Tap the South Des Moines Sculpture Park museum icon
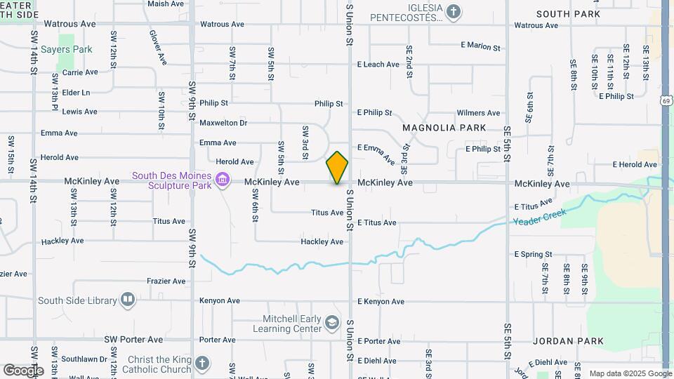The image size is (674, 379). (x=223, y=181)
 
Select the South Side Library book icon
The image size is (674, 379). (x=127, y=300)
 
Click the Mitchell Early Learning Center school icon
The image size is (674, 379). (x=331, y=323)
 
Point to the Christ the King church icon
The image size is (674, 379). (x=202, y=364)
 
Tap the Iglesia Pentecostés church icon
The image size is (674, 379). (x=454, y=11)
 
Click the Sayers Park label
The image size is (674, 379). (x=66, y=50)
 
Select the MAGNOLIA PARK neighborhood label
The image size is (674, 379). (x=444, y=128)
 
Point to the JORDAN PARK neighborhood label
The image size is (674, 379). (x=568, y=341)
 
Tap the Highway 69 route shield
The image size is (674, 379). (x=665, y=101)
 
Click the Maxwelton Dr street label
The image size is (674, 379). (x=223, y=123)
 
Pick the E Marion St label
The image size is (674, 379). (x=480, y=47)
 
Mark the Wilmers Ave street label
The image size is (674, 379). (x=478, y=113)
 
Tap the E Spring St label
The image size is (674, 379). (x=533, y=254)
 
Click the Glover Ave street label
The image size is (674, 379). (x=157, y=46)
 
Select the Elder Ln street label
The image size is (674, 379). (x=76, y=92)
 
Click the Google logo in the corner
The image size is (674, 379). (x=22, y=370)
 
